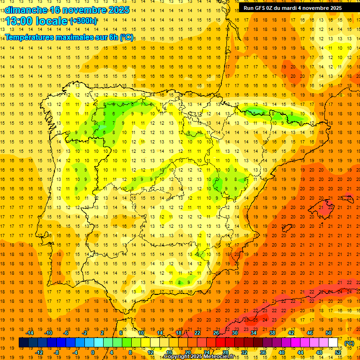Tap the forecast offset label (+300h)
(83, 21)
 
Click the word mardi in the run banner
(294, 8)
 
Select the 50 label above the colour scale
(329, 333)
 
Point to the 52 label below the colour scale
(338, 352)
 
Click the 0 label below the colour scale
(93, 352)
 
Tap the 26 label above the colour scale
(216, 333)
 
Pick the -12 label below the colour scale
(39, 352)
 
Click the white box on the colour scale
(333, 343)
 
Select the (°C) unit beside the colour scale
(349, 343)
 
